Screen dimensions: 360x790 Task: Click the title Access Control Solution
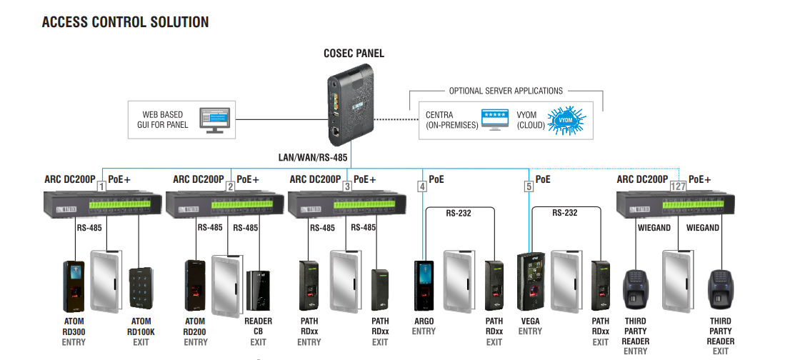[x=126, y=22]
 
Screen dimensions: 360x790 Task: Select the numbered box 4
[x=422, y=186]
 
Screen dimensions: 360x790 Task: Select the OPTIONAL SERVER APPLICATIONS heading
[x=506, y=91]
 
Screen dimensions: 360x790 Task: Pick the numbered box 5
[x=529, y=186]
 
